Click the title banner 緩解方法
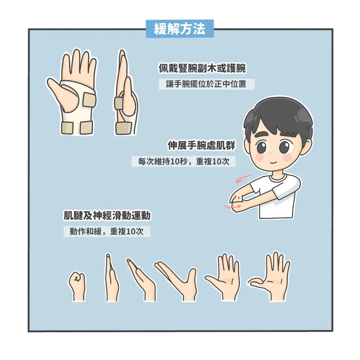[180, 29]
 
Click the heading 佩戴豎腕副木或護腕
[202, 68]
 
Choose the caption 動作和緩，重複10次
[107, 232]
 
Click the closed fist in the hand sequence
[77, 285]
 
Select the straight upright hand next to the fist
[110, 277]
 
